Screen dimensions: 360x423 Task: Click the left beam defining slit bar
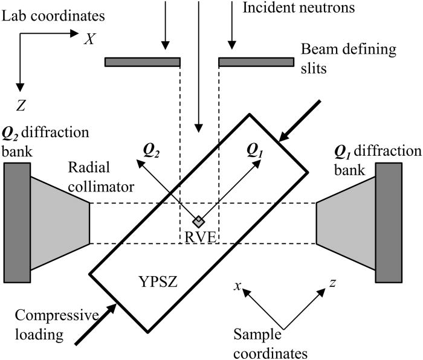click(143, 62)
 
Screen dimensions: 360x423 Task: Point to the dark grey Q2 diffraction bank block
click(16, 222)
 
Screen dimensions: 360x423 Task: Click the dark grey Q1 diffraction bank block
click(388, 222)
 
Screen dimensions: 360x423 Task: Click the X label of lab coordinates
click(89, 39)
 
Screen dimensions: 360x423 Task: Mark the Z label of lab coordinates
click(21, 106)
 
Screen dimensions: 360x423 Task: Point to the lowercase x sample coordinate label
click(239, 284)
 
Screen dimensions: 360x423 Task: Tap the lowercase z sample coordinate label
click(333, 283)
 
